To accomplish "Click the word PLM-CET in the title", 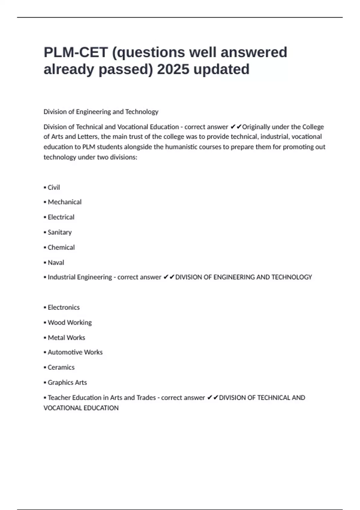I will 76,52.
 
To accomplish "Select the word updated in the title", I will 221,70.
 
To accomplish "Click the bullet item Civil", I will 53,187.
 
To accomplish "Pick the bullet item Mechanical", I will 64,202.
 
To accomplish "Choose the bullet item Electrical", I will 61,217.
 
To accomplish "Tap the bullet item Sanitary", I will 59,232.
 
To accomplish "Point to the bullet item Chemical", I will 61,247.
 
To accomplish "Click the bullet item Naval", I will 55,262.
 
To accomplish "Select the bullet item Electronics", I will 63,307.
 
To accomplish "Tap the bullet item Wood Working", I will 69,322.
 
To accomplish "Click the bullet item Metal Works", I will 66,338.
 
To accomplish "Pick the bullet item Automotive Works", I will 75,352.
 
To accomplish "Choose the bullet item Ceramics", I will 61,367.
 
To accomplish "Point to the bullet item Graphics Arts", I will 67,382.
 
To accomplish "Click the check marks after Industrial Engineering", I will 169,277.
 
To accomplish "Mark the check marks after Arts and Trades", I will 212,398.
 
